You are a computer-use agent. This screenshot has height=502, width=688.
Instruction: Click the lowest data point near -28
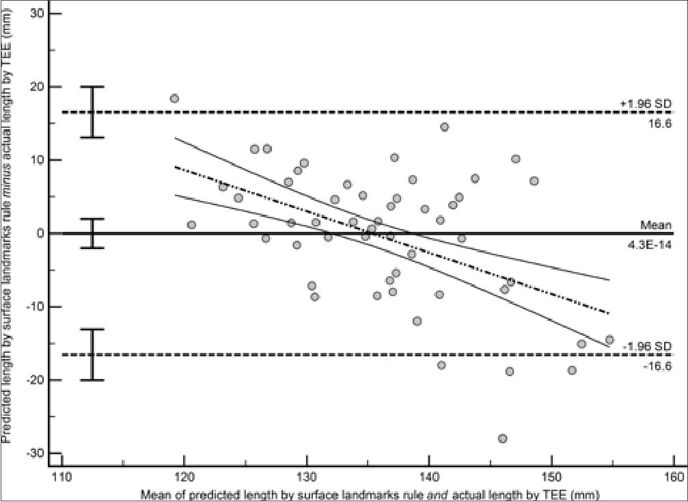coord(503,438)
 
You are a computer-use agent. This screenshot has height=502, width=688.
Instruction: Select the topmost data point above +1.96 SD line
coord(174,98)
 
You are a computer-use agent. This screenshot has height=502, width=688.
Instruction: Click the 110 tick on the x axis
coord(61,477)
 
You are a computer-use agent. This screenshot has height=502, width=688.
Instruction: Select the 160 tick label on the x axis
coord(673,477)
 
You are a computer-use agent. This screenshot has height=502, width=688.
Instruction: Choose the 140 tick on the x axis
coord(428,477)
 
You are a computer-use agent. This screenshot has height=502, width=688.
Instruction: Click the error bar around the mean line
coord(93,233)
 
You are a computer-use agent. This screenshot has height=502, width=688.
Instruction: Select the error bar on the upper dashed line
coord(93,112)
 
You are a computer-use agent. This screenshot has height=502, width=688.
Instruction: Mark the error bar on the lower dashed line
coord(93,354)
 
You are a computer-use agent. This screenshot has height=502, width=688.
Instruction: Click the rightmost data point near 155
coord(609,339)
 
